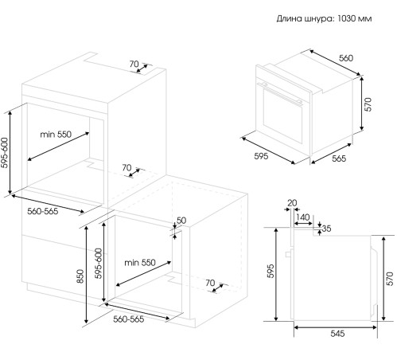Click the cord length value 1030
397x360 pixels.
346,18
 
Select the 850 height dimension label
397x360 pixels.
80,276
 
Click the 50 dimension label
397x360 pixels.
181,221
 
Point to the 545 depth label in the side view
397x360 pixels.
337,334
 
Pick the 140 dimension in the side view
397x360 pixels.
303,217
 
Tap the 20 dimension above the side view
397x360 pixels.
292,203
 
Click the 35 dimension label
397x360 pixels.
327,229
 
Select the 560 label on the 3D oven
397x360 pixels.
346,58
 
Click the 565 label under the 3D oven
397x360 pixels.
339,158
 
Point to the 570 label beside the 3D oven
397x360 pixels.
368,104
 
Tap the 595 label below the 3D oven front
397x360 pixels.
261,156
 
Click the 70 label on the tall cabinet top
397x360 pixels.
134,64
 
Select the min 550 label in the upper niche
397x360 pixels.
56,135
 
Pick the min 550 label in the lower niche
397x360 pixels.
140,263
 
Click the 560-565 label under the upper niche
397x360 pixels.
43,211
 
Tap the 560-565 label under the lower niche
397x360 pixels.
129,319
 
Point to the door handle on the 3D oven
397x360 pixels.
281,93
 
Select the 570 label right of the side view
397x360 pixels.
390,279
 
